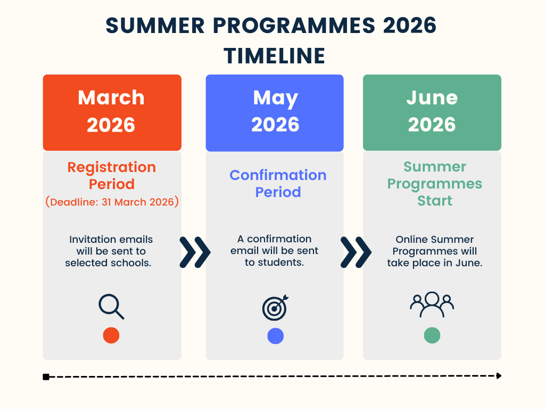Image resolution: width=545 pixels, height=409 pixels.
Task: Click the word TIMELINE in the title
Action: click(x=274, y=56)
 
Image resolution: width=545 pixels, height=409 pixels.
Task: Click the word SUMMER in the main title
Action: click(x=155, y=26)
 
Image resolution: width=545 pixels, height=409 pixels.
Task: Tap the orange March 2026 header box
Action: click(x=112, y=112)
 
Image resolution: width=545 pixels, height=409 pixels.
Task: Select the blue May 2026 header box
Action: click(x=275, y=113)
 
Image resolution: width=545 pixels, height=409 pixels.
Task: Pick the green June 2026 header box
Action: click(x=432, y=112)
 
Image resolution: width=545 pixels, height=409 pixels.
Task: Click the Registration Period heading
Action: click(x=112, y=176)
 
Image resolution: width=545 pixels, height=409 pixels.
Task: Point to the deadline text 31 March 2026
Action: click(x=138, y=202)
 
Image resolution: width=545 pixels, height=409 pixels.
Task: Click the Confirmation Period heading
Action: click(x=278, y=184)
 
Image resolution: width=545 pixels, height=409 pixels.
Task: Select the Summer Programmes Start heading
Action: click(x=434, y=184)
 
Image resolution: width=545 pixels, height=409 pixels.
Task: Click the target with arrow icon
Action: click(x=275, y=308)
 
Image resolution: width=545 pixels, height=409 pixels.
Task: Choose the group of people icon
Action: click(x=432, y=304)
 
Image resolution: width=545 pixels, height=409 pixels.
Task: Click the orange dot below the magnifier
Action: click(x=111, y=336)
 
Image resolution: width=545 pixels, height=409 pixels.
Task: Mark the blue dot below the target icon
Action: click(x=275, y=336)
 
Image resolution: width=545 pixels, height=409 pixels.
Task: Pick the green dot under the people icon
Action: click(x=432, y=336)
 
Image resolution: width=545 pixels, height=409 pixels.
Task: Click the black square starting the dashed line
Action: click(x=46, y=377)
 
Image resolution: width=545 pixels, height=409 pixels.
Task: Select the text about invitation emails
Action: click(x=109, y=251)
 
